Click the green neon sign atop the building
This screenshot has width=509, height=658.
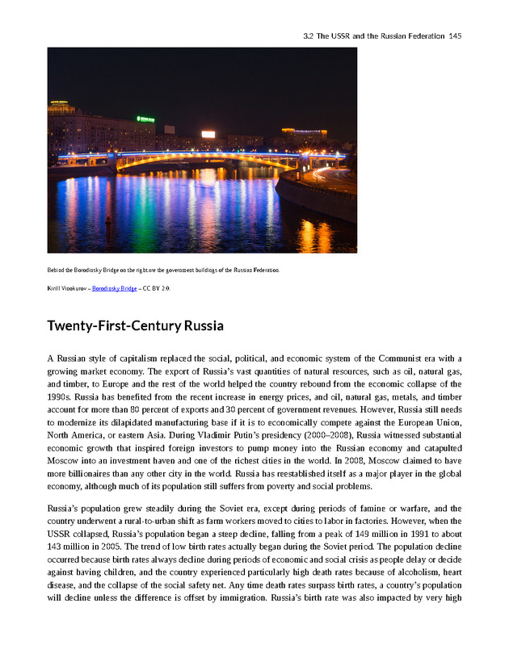point(145,119)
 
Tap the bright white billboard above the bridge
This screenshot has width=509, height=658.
point(208,134)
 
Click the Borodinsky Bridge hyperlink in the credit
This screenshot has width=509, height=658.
point(114,288)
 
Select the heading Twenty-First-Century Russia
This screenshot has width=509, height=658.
point(135,326)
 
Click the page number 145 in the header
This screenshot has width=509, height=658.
point(454,36)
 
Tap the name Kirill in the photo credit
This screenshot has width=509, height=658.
point(55,288)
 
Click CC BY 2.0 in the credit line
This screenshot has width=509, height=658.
point(157,288)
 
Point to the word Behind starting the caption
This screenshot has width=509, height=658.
point(57,270)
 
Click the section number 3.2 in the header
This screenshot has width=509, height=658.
point(308,36)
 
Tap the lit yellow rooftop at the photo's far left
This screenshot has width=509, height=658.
point(61,106)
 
